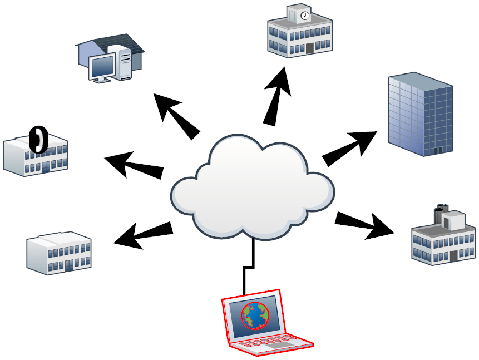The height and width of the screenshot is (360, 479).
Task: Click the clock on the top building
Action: pyautogui.click(x=304, y=16)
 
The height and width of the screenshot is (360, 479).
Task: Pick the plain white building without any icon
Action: pyautogui.click(x=59, y=253)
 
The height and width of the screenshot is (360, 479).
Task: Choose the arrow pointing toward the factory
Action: pyautogui.click(x=364, y=225)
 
